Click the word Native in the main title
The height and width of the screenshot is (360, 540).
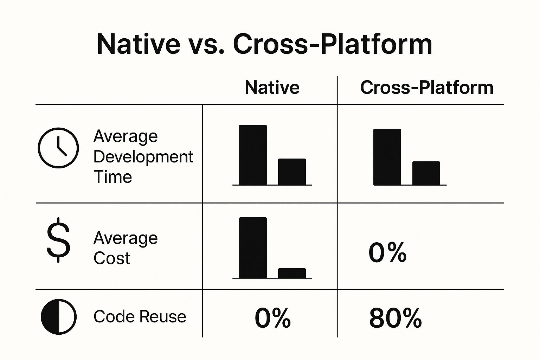[139, 45]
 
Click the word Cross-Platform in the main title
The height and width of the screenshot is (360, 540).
[333, 45]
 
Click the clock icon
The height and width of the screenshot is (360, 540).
[58, 148]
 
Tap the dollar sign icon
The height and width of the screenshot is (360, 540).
[58, 240]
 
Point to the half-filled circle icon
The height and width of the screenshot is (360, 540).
[59, 317]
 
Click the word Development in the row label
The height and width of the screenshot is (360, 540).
[143, 157]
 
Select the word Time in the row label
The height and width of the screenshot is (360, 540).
[112, 177]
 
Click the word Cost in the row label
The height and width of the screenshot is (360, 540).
[111, 258]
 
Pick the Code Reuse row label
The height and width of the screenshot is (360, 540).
[140, 316]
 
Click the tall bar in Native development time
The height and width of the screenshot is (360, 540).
[253, 155]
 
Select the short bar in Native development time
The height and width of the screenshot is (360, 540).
[292, 172]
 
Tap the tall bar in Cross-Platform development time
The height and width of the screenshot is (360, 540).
[387, 157]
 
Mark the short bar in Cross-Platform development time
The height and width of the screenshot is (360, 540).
[426, 173]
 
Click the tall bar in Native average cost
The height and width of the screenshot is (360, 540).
[253, 247]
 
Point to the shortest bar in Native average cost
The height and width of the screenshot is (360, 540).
[292, 273]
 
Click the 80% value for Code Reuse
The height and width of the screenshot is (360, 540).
[396, 318]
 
